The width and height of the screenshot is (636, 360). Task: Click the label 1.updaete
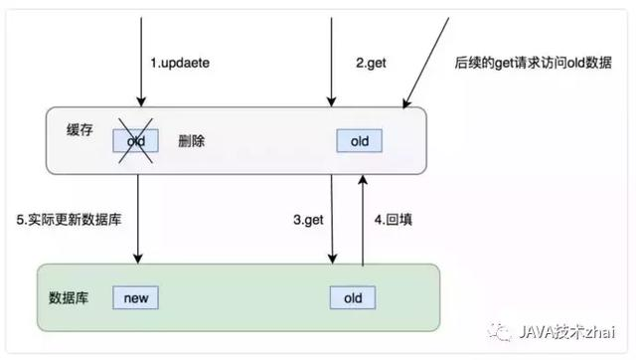click(180, 64)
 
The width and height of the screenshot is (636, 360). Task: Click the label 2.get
click(370, 64)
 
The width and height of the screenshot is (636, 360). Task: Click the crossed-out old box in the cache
click(135, 142)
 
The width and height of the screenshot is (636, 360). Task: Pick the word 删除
click(193, 142)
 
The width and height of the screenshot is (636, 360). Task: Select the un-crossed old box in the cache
click(360, 142)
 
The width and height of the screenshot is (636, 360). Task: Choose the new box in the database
click(135, 297)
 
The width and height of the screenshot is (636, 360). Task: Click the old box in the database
click(353, 297)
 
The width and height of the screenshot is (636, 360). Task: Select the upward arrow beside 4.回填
click(363, 219)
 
